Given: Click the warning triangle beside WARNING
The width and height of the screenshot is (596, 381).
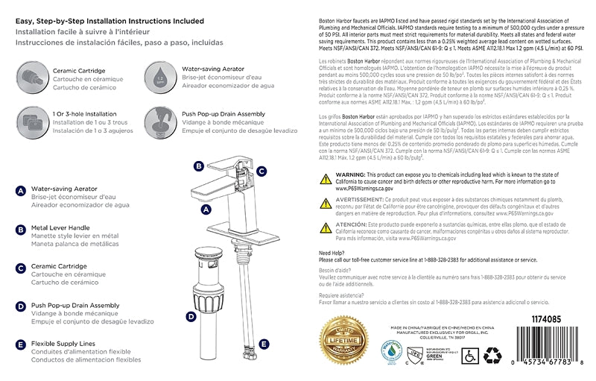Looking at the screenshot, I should tap(326, 179).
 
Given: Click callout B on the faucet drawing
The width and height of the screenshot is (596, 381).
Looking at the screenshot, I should tap(199, 166).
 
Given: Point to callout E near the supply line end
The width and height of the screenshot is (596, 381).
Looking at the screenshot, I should tap(264, 344).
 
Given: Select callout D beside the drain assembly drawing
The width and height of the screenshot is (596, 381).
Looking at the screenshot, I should tap(191, 316).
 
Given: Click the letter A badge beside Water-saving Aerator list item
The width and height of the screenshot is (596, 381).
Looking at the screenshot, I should tap(21, 190).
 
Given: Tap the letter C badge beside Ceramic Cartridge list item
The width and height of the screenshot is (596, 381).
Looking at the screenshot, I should tap(21, 267).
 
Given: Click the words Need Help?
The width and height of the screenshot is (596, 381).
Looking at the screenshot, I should tap(332, 253).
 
